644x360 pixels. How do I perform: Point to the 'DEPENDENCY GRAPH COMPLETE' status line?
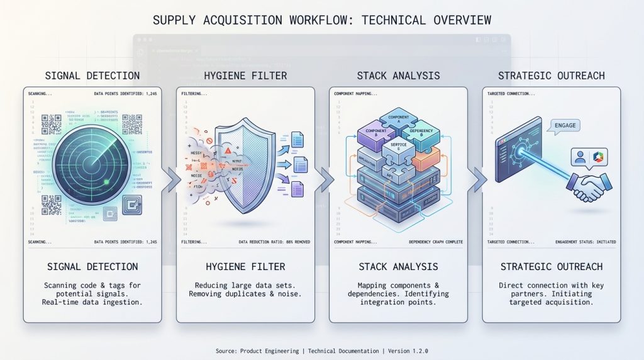pyautogui.click(x=435, y=242)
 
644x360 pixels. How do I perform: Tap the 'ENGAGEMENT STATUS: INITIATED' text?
pyautogui.click(x=588, y=242)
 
